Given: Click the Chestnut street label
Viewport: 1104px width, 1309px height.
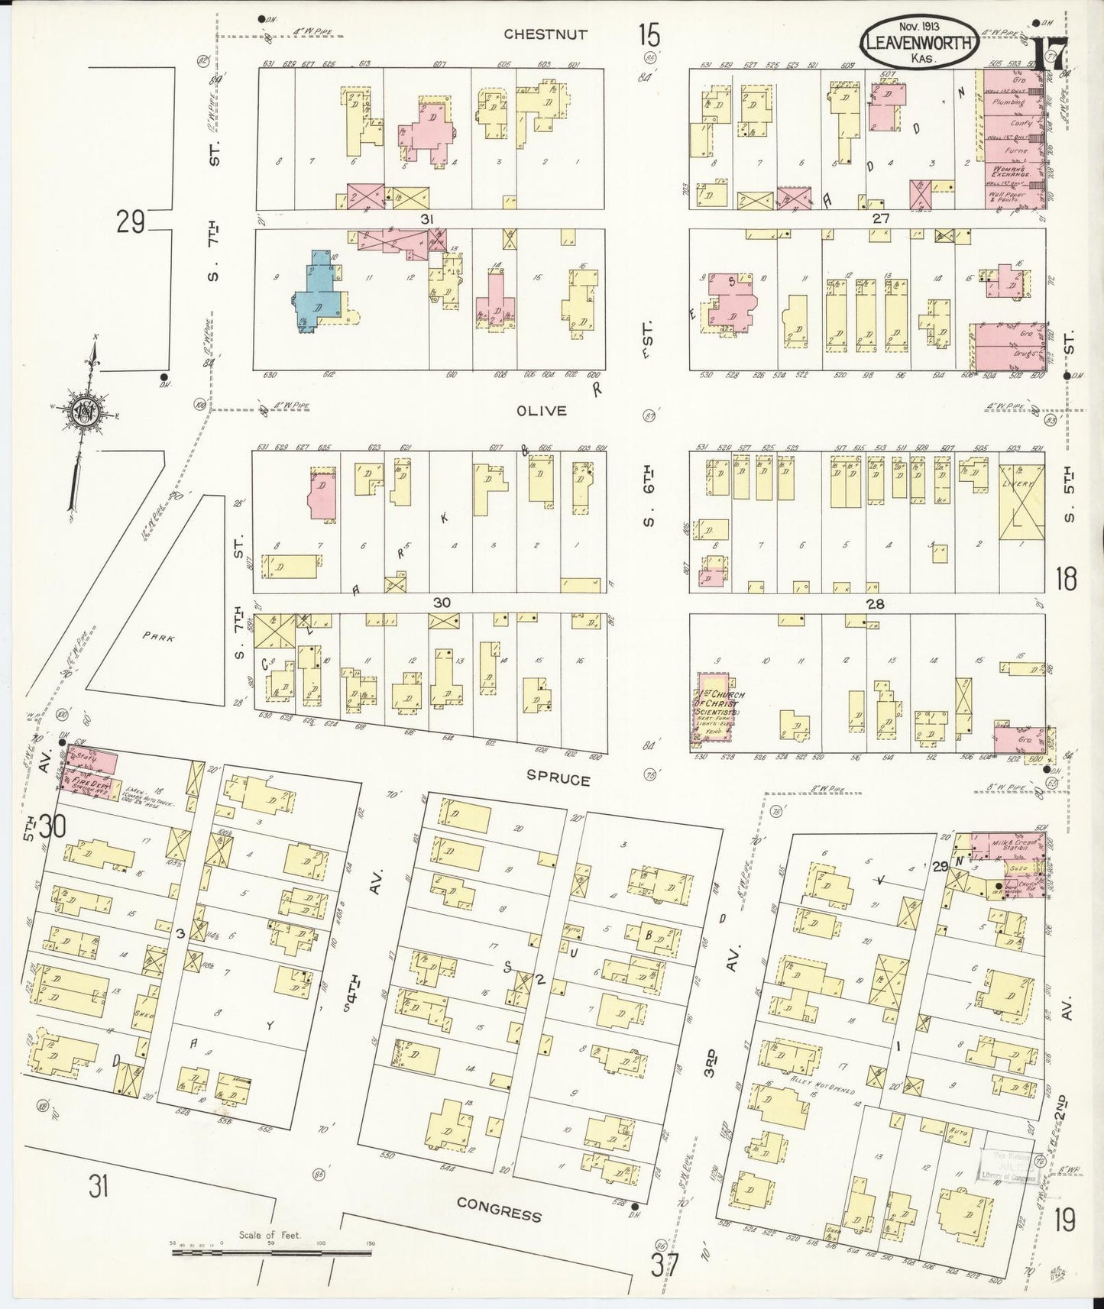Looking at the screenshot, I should coord(546,34).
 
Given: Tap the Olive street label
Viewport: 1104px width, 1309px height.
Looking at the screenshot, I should coord(541,411).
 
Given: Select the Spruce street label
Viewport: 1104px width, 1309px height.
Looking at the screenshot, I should coord(558,780).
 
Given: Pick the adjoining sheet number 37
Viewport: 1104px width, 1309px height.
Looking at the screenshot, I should coord(665,1266).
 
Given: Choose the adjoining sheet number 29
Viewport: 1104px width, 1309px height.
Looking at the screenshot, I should coord(131,224).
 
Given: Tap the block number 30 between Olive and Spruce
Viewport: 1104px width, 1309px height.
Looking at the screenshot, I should coord(442,603).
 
